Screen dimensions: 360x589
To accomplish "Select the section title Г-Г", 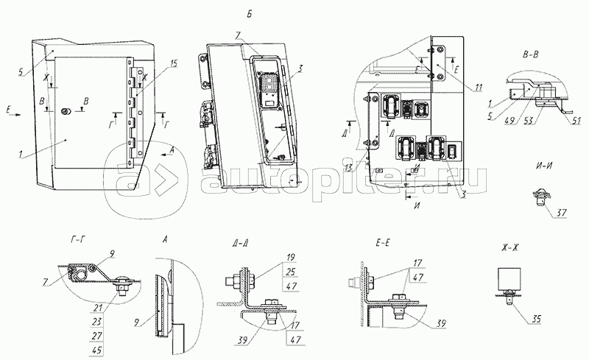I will (72, 240).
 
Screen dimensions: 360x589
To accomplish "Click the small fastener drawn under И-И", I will (542, 197).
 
